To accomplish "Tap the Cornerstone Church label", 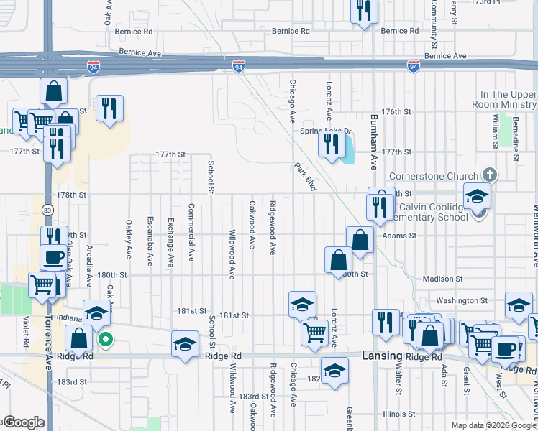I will [434, 176].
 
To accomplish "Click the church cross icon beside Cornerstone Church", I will [489, 175].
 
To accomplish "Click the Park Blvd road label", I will [306, 176].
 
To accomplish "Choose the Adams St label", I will [400, 236].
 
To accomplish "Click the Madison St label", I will [443, 279].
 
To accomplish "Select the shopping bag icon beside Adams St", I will [360, 240].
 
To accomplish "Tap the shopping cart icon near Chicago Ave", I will [314, 333].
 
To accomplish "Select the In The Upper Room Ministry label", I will [509, 99].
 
